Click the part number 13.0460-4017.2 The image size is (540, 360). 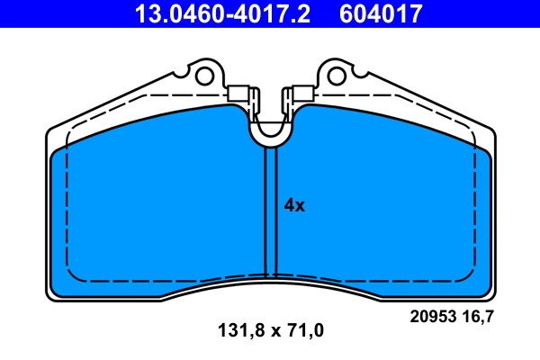click(x=227, y=13)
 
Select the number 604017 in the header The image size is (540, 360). click(x=380, y=13)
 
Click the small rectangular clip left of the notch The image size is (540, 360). click(x=239, y=93)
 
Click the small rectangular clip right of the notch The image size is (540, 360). click(x=300, y=93)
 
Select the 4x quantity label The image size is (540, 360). click(x=295, y=205)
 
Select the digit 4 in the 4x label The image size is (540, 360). click(x=290, y=205)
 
